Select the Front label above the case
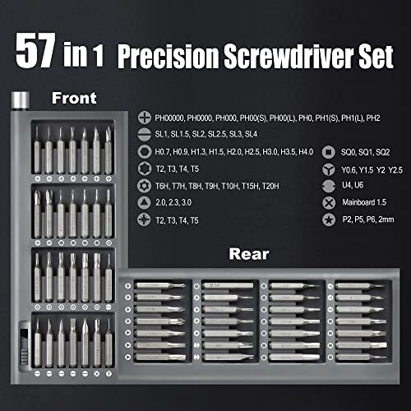click(x=76, y=98)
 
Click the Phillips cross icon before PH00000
click(x=145, y=118)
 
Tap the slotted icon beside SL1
click(x=145, y=135)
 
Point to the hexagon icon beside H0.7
click(x=145, y=152)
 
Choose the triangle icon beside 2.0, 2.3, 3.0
click(x=145, y=203)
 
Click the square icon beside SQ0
click(x=327, y=152)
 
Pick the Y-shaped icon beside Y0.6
click(x=327, y=169)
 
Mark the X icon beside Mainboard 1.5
click(x=327, y=203)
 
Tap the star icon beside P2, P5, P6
click(x=327, y=220)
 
